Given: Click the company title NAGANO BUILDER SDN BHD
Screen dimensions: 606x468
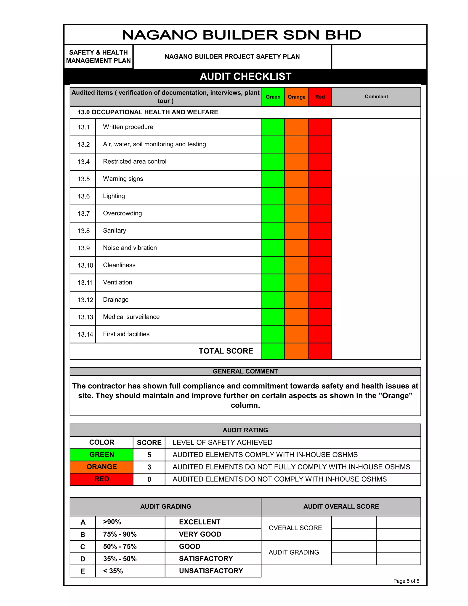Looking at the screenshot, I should coord(242,35).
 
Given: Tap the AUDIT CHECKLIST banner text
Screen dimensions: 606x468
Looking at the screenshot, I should coord(245,77).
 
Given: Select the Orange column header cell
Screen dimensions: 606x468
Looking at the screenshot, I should coord(296,97).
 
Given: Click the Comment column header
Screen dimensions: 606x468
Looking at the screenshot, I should coord(376,97).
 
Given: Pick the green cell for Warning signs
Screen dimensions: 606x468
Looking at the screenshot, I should coord(273,179).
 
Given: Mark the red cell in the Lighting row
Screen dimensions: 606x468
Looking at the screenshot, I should coord(320,196).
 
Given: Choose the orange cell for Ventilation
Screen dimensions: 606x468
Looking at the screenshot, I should coord(296,282).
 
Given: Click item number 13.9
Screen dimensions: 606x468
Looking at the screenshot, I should coord(83,248).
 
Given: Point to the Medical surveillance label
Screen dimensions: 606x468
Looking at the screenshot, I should coord(131,317).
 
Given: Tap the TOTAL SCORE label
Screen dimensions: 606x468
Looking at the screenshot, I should coord(226,351).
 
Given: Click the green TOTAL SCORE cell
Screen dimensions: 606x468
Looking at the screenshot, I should coord(273,351).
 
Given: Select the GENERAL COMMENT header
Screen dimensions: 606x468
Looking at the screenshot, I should coord(245,371).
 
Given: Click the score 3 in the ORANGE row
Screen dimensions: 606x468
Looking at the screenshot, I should coord(149,467).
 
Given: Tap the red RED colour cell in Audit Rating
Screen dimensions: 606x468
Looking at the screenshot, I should coord(101,479).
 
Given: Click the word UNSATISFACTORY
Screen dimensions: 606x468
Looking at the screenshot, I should coord(211,571).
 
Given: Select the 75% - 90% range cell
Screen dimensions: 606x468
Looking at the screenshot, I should coord(120,534).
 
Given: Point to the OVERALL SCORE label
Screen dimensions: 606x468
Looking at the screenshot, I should coord(295,528).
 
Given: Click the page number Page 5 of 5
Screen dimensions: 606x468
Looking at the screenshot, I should coord(406,581).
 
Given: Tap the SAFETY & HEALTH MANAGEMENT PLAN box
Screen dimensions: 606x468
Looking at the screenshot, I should coord(98,57).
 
